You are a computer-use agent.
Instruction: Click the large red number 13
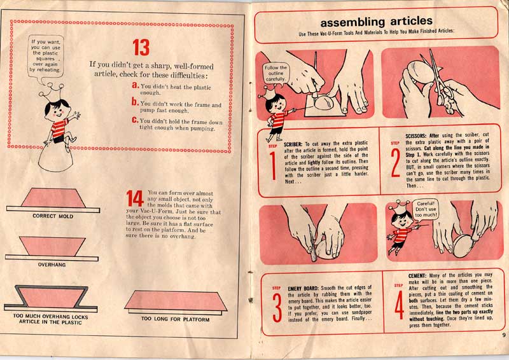coord(141,48)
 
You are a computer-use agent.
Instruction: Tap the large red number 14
coord(135,198)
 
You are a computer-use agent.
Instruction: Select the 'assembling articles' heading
coord(376,22)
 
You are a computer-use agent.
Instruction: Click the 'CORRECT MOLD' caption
coord(53,216)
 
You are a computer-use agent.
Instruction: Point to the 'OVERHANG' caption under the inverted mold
coord(52,265)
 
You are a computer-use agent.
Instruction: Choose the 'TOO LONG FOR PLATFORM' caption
coord(176,319)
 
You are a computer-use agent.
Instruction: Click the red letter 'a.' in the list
coord(136,85)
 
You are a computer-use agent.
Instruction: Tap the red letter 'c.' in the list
coord(136,120)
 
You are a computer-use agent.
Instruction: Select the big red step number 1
coord(273,166)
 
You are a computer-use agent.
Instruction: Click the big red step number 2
coord(395,163)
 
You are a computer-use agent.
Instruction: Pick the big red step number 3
coord(277,308)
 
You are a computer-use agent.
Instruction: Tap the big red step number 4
coord(400,305)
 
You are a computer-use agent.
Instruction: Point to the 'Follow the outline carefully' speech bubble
coord(275,73)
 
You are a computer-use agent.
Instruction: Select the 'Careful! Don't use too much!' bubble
coord(425,209)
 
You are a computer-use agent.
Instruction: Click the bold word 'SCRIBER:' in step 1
coord(293,144)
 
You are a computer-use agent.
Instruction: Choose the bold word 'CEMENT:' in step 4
coord(417,276)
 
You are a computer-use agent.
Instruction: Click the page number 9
coord(503,335)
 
